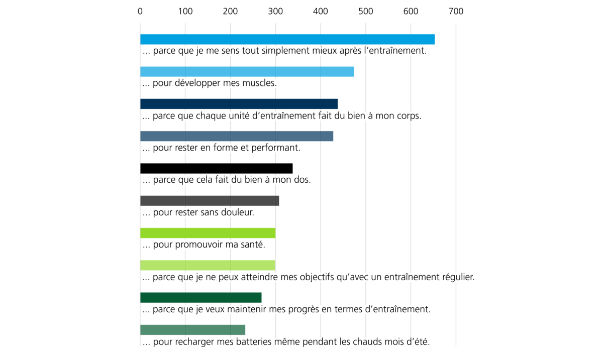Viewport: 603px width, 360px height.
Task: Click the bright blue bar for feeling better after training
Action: click(287, 39)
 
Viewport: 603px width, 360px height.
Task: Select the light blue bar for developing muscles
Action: click(247, 72)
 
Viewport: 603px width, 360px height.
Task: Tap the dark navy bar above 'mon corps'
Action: click(239, 104)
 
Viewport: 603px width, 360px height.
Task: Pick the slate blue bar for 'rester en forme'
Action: click(237, 136)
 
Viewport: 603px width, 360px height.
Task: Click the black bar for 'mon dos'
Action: click(217, 168)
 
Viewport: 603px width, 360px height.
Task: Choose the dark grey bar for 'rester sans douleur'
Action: click(210, 201)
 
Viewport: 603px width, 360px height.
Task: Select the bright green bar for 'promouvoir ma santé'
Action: click(208, 233)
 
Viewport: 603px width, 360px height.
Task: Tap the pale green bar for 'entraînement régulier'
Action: click(208, 265)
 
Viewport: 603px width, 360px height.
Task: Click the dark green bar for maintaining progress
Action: click(201, 298)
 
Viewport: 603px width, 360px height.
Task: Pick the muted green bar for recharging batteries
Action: click(193, 330)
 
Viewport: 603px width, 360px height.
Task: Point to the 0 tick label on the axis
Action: click(140, 12)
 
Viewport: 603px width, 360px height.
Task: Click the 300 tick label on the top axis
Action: click(275, 12)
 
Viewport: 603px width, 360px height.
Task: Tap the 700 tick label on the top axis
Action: click(456, 12)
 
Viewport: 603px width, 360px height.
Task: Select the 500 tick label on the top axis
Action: click(366, 12)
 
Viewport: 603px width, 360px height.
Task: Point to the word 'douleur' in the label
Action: click(237, 212)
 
